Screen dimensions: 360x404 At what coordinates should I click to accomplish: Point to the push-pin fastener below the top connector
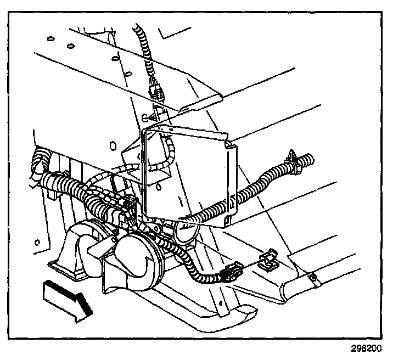pyautogui.click(x=147, y=117)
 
